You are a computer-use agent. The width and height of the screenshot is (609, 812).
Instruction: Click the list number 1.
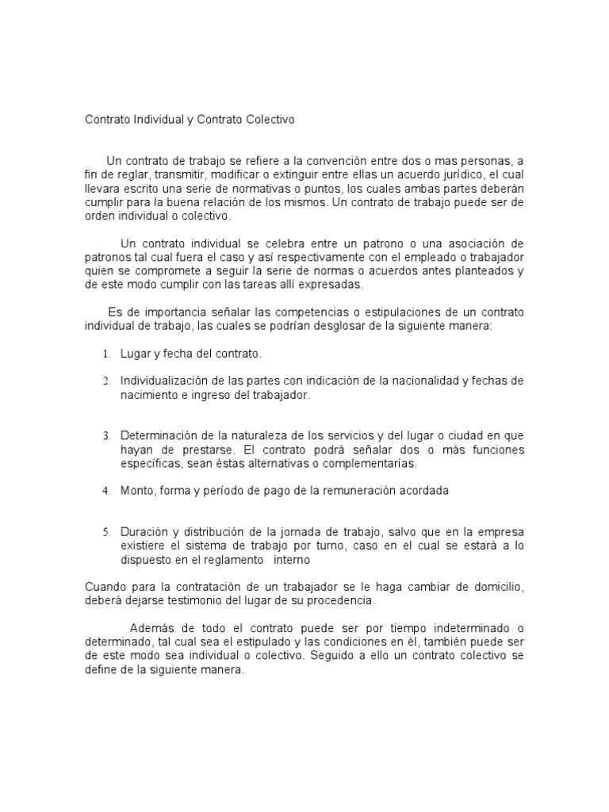pos(105,354)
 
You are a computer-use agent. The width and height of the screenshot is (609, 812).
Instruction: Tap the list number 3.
pos(105,436)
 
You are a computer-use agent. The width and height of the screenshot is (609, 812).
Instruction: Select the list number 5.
pos(105,532)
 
